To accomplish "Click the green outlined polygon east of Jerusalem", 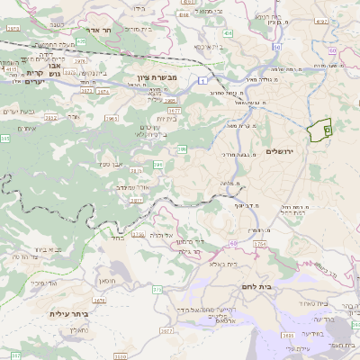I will tap(319, 130).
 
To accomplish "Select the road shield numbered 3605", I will tap(172, 101).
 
